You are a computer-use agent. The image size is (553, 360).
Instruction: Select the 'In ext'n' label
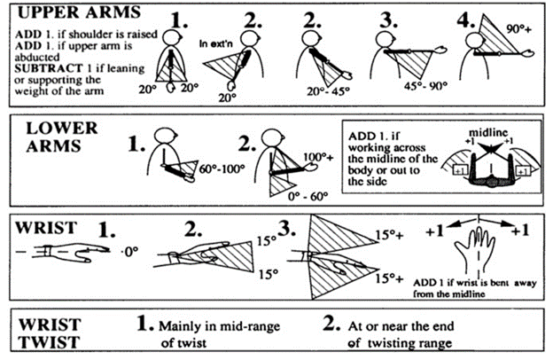(215, 42)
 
